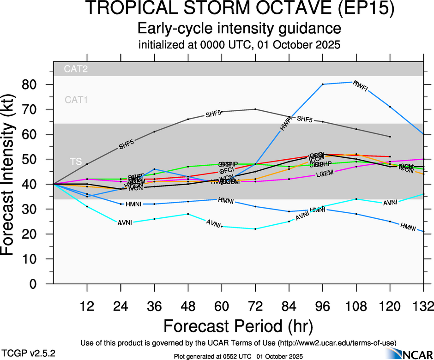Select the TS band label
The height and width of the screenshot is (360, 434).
76,161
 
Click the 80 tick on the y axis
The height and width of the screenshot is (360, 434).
33,84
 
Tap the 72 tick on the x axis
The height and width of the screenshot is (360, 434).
255,306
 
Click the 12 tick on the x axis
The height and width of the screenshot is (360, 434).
87,306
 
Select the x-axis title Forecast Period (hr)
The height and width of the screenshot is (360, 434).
239,326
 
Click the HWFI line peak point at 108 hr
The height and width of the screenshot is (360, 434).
356,82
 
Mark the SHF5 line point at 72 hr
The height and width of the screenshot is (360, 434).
255,109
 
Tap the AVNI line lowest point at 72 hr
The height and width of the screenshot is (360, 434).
255,229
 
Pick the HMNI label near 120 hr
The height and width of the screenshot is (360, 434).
408,227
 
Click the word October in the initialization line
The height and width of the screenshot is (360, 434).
288,45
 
